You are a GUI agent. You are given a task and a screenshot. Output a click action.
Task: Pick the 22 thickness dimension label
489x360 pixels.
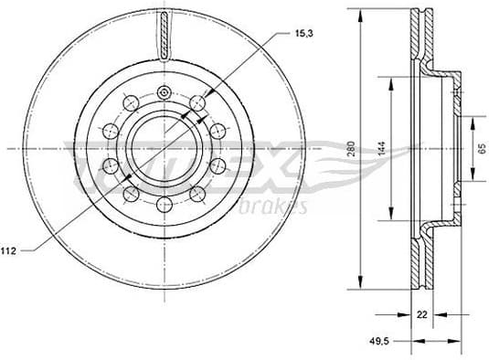coord(422,315)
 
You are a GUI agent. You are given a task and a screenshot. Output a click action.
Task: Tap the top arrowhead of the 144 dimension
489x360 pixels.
coord(393,80)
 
